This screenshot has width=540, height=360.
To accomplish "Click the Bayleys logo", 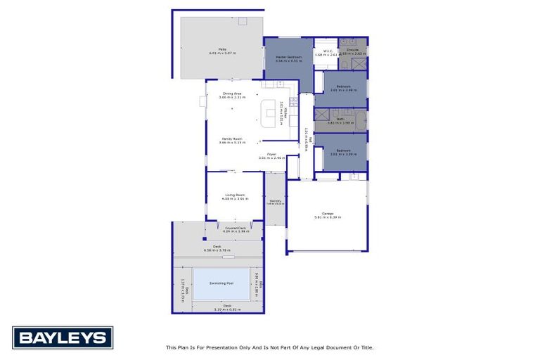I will pyautogui.click(x=63, y=338).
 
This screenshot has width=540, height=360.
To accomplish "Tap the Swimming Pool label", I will pyautogui.click(x=221, y=283).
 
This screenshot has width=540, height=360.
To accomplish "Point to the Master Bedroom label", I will pyautogui.click(x=288, y=56).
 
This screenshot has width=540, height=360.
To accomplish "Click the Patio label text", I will pyautogui.click(x=222, y=49).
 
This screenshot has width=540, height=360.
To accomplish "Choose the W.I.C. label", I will pyautogui.click(x=327, y=51).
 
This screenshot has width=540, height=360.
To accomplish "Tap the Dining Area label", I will pyautogui.click(x=232, y=94).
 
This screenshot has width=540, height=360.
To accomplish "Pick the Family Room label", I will pyautogui.click(x=232, y=139).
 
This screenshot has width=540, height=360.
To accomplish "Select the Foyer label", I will pyautogui.click(x=271, y=154).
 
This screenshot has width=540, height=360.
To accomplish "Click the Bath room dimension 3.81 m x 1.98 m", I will pyautogui.click(x=340, y=123).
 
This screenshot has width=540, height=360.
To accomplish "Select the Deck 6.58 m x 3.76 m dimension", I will pyautogui.click(x=217, y=250).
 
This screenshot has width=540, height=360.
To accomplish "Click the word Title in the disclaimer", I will pyautogui.click(x=366, y=347).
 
